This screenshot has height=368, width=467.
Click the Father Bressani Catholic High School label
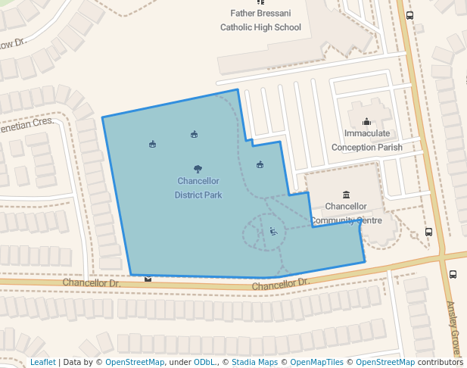coord(260,20)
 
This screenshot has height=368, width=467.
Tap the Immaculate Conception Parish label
coord(367,140)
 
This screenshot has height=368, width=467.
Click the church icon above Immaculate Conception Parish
coord(367,121)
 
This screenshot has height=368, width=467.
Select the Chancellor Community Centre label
coord(345,213)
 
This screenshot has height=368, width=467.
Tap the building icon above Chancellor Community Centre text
coord(346,195)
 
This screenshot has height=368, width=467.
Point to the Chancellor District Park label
coord(198,188)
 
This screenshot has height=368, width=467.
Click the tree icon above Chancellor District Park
coord(198,169)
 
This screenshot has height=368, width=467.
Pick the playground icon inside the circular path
coord(273,232)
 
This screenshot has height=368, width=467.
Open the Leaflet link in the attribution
coord(42,362)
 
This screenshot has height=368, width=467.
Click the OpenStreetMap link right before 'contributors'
coord(384,362)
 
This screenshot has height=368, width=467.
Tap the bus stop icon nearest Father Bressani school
coord(410,15)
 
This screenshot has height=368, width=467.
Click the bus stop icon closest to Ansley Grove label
coord(453,274)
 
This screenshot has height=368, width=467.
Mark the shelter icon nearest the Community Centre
coord(260,164)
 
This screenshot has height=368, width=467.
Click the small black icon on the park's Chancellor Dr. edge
coord(148,278)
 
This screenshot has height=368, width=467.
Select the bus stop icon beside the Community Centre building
coord(429,232)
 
